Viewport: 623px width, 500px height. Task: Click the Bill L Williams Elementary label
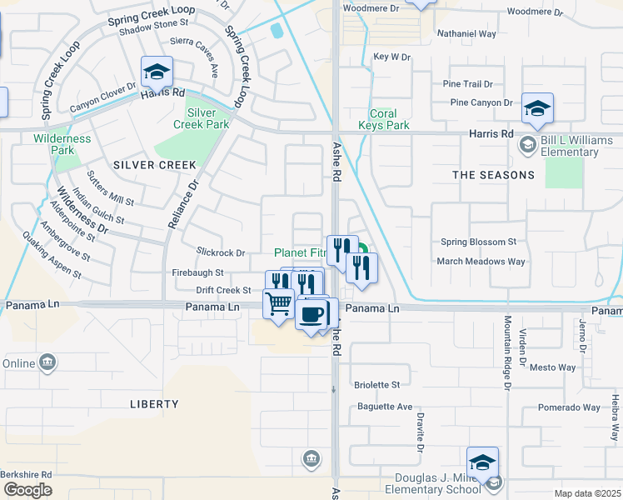click(576, 146)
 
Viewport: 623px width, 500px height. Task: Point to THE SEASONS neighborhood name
click(493, 175)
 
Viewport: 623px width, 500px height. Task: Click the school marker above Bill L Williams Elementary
click(538, 107)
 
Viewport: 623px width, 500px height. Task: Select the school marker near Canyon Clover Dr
click(157, 71)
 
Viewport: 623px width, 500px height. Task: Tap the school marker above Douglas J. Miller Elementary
click(483, 462)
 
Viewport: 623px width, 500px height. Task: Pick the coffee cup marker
click(311, 314)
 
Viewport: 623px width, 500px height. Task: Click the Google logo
click(28, 490)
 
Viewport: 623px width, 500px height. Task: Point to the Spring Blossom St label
click(478, 242)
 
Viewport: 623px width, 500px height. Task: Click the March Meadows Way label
click(481, 261)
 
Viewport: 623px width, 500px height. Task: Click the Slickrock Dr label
click(221, 252)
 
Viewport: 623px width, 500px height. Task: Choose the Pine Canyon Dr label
click(481, 102)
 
